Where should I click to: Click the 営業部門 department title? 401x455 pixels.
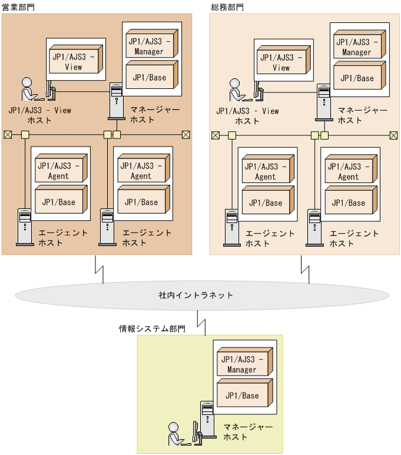coord(19,7)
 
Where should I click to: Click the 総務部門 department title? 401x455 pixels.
coord(227,7)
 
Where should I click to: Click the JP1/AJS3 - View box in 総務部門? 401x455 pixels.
coord(281,62)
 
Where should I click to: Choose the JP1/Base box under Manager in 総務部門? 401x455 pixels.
coord(357,77)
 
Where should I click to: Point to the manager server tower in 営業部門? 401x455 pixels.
coord(116,97)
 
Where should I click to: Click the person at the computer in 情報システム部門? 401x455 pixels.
coord(174,434)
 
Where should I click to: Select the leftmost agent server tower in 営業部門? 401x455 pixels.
coord(25,226)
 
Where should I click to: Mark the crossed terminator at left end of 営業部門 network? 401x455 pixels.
coord(8,135)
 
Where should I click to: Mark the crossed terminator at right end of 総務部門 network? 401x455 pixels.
coord(393,135)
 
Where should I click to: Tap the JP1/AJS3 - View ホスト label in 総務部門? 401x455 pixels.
coord(247,116)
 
